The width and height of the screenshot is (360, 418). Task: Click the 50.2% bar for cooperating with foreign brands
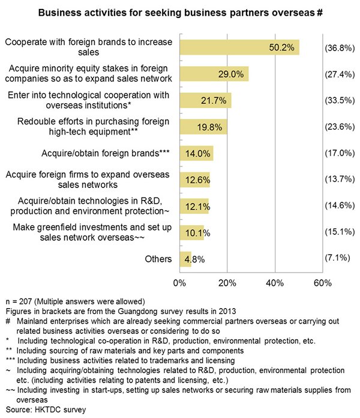pos(239,47)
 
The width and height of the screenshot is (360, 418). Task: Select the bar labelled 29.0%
pos(214,74)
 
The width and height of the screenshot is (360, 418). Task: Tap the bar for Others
pos(185,259)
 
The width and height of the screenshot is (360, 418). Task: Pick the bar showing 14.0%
pos(197,153)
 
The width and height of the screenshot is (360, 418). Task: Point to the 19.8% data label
pos(209,127)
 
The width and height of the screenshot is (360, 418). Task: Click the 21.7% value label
pos(214,100)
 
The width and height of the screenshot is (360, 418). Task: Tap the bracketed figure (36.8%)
pos(340,48)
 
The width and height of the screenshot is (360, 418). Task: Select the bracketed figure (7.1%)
pos(337,258)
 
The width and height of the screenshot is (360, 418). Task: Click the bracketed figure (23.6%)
pos(340,127)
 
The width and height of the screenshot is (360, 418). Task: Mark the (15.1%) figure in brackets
pos(340,232)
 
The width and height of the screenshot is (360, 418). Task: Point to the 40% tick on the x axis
pos(275,283)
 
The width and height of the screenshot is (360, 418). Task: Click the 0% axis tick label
pos(179,283)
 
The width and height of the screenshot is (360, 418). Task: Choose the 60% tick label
pos(323,283)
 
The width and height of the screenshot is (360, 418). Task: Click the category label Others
pos(158,259)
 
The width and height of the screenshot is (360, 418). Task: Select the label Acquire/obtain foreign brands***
pos(106,153)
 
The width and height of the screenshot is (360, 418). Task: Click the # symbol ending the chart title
pos(320,13)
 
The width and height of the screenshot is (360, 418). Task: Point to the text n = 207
pos(19,301)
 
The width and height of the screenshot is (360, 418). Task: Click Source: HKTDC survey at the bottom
pos(46,410)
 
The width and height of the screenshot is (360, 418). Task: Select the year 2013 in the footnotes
pos(227,311)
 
